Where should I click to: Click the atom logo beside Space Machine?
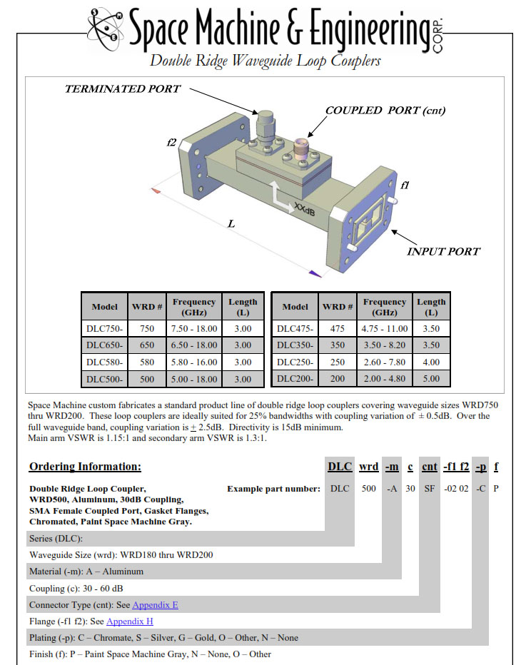point(108,26)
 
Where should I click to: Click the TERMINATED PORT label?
point(122,89)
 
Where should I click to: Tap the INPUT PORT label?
point(443,251)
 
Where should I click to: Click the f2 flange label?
point(171,143)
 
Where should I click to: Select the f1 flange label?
point(405,185)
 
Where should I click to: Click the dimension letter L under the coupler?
point(231,223)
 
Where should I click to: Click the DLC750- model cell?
point(104,328)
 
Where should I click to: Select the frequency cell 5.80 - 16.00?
point(195,362)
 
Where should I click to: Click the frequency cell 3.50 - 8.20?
point(385,345)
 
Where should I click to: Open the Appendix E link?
point(155,604)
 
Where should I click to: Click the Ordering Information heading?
point(85,467)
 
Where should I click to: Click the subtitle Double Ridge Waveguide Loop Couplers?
point(265,61)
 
